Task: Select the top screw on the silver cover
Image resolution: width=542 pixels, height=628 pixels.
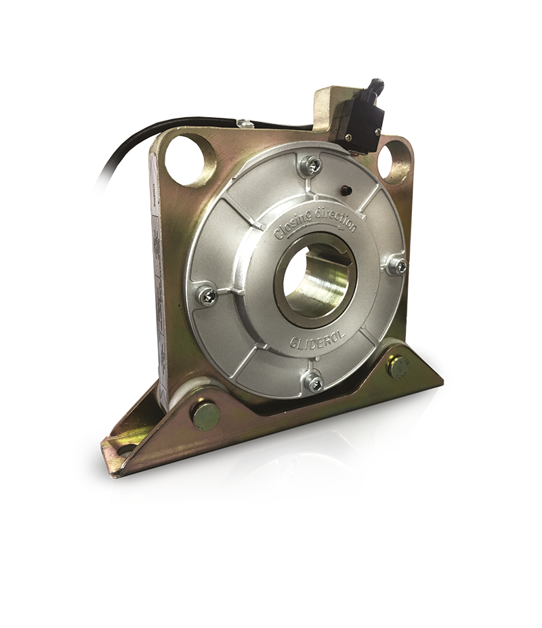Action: pyautogui.click(x=312, y=163)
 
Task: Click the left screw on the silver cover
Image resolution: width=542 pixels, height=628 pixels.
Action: pyautogui.click(x=207, y=295)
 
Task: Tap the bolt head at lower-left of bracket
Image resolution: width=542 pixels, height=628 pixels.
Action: pyautogui.click(x=205, y=415)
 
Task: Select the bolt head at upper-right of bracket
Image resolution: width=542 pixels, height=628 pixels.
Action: pyautogui.click(x=398, y=367)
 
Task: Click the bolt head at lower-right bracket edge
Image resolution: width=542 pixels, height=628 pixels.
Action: pyautogui.click(x=385, y=432)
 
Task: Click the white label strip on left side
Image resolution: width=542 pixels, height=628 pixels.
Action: pyautogui.click(x=157, y=271)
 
